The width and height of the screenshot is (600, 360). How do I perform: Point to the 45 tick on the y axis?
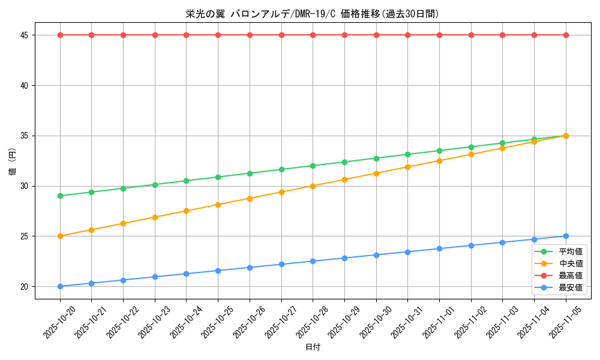(x=25, y=35)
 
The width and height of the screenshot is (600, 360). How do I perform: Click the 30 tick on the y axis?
(x=25, y=186)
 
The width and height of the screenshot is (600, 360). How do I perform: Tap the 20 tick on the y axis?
(x=25, y=286)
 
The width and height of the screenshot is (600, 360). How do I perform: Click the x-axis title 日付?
(x=313, y=347)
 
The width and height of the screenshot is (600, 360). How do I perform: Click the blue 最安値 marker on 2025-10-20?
(x=60, y=286)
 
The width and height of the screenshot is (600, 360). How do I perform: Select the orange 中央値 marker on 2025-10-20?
(x=60, y=236)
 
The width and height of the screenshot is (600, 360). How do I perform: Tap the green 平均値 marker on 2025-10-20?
(x=60, y=196)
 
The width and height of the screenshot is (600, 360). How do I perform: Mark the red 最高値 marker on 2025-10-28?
(x=313, y=35)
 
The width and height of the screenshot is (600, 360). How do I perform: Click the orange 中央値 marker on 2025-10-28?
(x=313, y=186)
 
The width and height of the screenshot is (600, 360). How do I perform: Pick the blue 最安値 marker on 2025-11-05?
(x=566, y=236)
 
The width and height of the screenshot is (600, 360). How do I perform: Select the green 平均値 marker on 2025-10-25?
(x=218, y=177)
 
